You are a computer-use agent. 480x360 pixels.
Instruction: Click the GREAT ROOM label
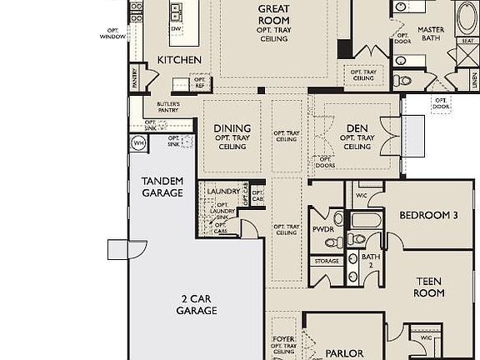pyautogui.click(x=272, y=14)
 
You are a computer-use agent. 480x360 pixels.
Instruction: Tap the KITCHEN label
pyautogui.click(x=179, y=60)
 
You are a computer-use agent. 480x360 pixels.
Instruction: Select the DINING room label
pyautogui.click(x=232, y=128)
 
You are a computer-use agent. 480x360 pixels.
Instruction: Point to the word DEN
pyautogui.click(x=357, y=128)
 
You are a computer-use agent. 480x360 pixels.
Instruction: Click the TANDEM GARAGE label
pyautogui.click(x=162, y=187)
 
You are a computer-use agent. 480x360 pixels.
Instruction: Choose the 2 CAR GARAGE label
pyautogui.click(x=197, y=304)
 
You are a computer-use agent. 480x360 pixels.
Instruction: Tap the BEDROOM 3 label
pyautogui.click(x=428, y=215)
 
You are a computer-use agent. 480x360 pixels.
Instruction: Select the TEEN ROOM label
pyautogui.click(x=429, y=287)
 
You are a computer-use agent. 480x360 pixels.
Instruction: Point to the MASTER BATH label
pyautogui.click(x=431, y=35)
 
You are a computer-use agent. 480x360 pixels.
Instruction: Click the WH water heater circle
pyautogui.click(x=137, y=143)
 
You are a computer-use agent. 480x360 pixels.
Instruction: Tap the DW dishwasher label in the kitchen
pyautogui.click(x=176, y=29)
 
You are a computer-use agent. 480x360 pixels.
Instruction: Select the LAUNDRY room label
pyautogui.click(x=223, y=192)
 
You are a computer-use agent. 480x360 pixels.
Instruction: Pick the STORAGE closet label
pyautogui.click(x=327, y=261)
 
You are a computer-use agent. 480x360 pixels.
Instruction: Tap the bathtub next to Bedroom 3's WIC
pyautogui.click(x=364, y=221)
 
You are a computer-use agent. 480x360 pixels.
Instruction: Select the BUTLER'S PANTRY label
pyautogui.click(x=168, y=107)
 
